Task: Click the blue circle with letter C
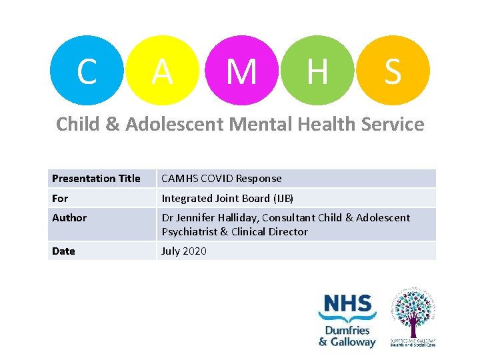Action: (85, 71)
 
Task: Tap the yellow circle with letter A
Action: (162, 71)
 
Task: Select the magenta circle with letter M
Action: (241, 71)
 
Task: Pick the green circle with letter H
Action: (317, 71)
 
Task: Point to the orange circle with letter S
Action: (393, 71)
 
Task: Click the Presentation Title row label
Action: (96, 179)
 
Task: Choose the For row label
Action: (60, 198)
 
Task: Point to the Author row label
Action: (69, 218)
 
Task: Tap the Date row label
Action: (63, 251)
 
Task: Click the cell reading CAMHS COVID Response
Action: (221, 179)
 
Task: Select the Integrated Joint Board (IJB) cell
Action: (227, 198)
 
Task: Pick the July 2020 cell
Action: (184, 251)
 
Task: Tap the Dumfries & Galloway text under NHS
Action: (347, 336)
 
